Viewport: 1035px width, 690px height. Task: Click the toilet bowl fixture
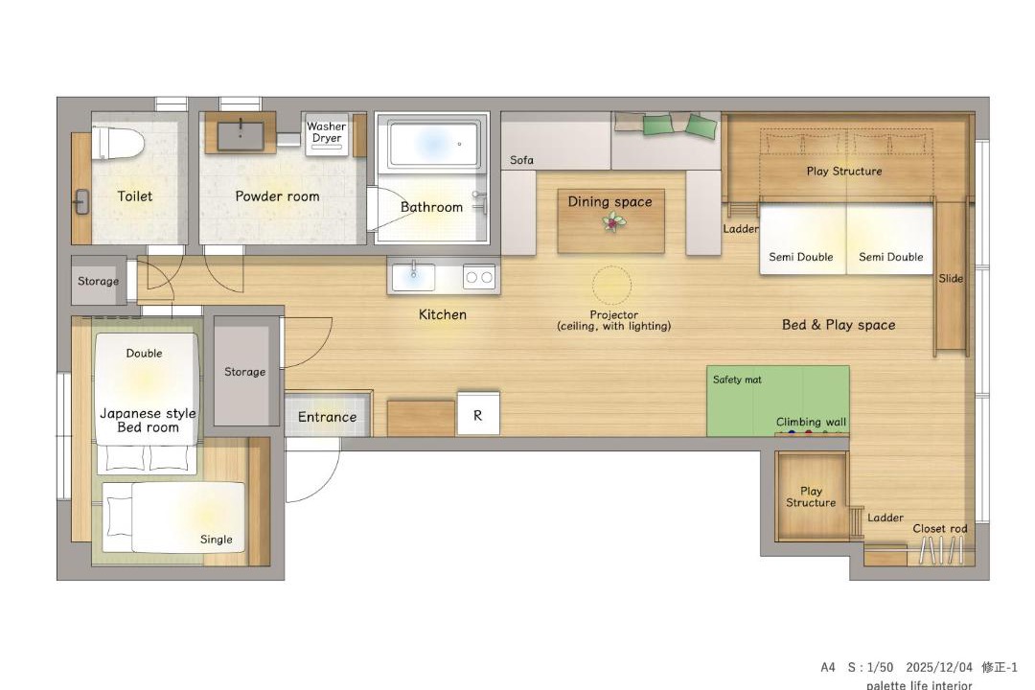click(118, 143)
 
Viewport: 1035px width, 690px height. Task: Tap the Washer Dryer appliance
click(327, 134)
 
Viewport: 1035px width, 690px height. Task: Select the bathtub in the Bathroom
click(433, 144)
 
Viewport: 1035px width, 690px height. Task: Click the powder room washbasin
click(241, 134)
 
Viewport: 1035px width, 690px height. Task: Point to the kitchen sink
click(413, 277)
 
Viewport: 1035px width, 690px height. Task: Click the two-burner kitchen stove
click(479, 277)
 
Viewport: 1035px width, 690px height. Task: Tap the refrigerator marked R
click(478, 413)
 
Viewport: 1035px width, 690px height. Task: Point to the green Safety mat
click(777, 401)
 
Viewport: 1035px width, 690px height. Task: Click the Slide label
click(951, 279)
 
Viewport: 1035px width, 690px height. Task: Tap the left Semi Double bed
click(803, 239)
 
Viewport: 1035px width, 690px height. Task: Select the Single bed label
click(217, 540)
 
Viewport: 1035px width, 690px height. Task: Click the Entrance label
click(327, 417)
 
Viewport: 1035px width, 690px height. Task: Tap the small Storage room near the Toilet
click(99, 281)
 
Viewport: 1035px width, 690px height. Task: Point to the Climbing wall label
click(811, 422)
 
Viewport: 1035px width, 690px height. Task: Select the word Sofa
click(521, 160)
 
